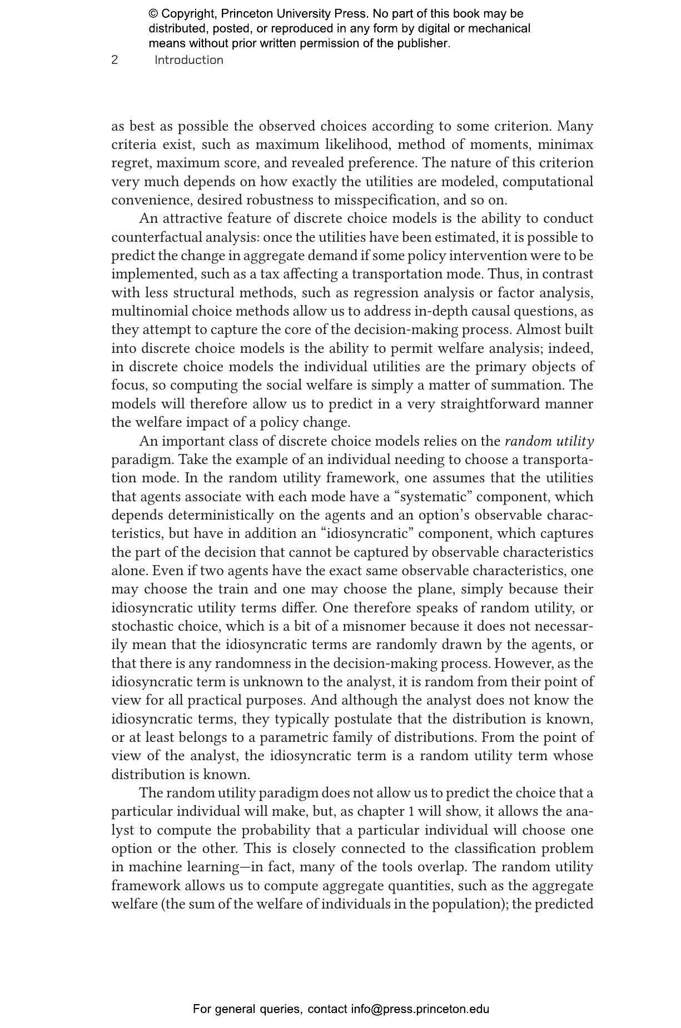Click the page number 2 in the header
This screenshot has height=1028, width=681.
click(x=115, y=60)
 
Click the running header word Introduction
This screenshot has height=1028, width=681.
click(x=189, y=60)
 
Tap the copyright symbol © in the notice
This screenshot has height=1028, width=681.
click(x=153, y=14)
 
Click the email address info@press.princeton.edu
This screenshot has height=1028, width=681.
click(x=420, y=1009)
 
